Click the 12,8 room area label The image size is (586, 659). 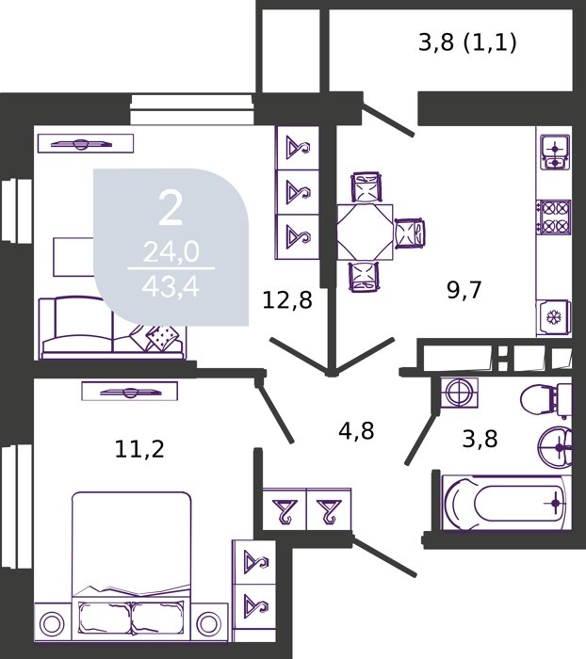pos(287,300)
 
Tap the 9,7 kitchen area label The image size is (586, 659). pos(464,290)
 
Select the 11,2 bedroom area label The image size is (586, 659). pos(139,449)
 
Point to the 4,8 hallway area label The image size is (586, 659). pos(356,431)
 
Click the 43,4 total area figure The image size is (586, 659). pos(171,288)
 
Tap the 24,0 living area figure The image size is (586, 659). pos(171,253)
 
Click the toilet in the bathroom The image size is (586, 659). pos(545,400)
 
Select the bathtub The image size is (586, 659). pos(505,503)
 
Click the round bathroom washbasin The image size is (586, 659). pos(555,447)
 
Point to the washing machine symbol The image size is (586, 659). pos(459,393)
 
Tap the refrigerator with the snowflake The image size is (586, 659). pos(553,317)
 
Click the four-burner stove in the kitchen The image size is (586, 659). pos(554,217)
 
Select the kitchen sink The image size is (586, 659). pos(555,153)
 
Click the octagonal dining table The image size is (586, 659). pos(365,233)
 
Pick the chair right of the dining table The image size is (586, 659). pos(410,233)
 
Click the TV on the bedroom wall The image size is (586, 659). pos(130,393)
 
